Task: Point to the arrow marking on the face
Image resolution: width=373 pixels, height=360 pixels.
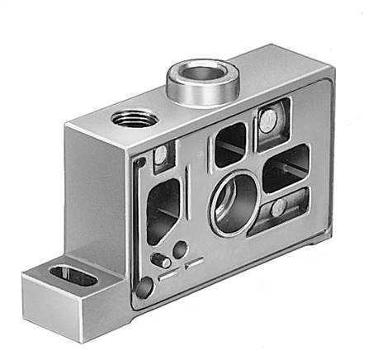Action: click(194, 264)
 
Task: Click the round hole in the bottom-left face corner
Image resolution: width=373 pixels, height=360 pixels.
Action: click(145, 287)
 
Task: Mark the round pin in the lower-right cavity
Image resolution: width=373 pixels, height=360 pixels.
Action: click(279, 206)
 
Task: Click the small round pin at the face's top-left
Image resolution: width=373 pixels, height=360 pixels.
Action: click(158, 154)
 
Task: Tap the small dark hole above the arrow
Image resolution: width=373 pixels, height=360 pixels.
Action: click(178, 249)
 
